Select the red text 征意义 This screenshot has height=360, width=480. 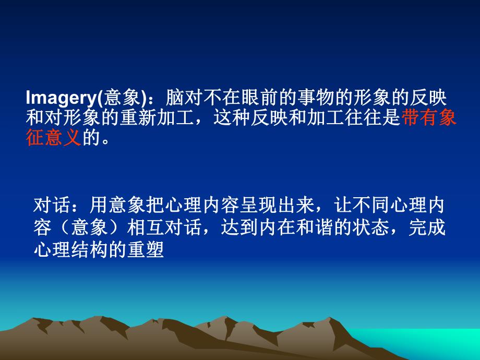pyautogui.click(x=53, y=139)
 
